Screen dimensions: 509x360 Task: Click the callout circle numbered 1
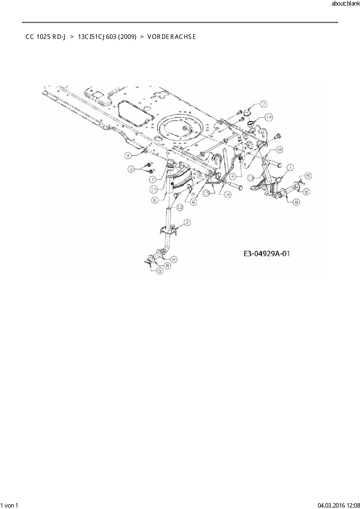[x=289, y=167]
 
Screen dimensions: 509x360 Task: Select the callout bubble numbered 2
[x=187, y=223]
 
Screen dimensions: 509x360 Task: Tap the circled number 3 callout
[x=132, y=169]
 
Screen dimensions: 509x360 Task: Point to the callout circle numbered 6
[x=155, y=200]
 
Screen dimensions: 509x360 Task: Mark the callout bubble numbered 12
[x=180, y=207]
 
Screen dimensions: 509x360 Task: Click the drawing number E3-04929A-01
[x=267, y=254]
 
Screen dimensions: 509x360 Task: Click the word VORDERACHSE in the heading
[x=172, y=37]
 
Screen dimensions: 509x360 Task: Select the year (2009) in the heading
[x=127, y=37]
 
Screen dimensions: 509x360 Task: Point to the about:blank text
[x=345, y=4]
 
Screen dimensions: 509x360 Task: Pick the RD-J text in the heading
[x=58, y=37]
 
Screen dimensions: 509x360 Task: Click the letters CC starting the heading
[x=29, y=37]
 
